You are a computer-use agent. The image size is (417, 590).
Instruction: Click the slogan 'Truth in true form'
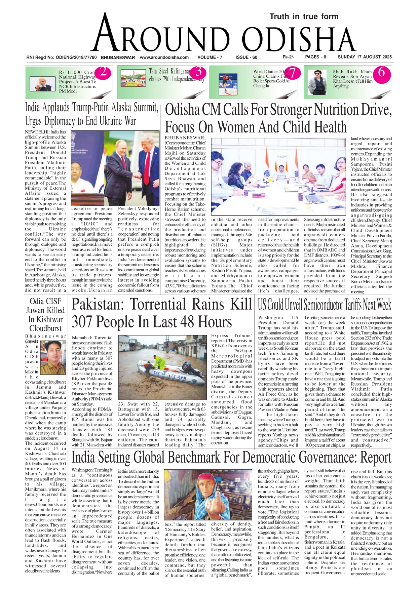304,16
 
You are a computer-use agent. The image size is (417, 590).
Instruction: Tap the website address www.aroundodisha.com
164,57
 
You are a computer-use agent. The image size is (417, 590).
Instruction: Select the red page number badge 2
103,72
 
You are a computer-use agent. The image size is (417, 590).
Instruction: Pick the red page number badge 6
381,72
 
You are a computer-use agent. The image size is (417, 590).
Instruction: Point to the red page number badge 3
198,72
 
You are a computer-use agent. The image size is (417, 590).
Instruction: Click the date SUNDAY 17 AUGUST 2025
365,57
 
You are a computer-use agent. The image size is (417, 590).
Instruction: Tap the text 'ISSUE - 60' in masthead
246,57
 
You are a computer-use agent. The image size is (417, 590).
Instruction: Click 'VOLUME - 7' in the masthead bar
210,57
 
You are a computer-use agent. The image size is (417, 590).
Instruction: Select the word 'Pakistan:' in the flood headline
98,305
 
